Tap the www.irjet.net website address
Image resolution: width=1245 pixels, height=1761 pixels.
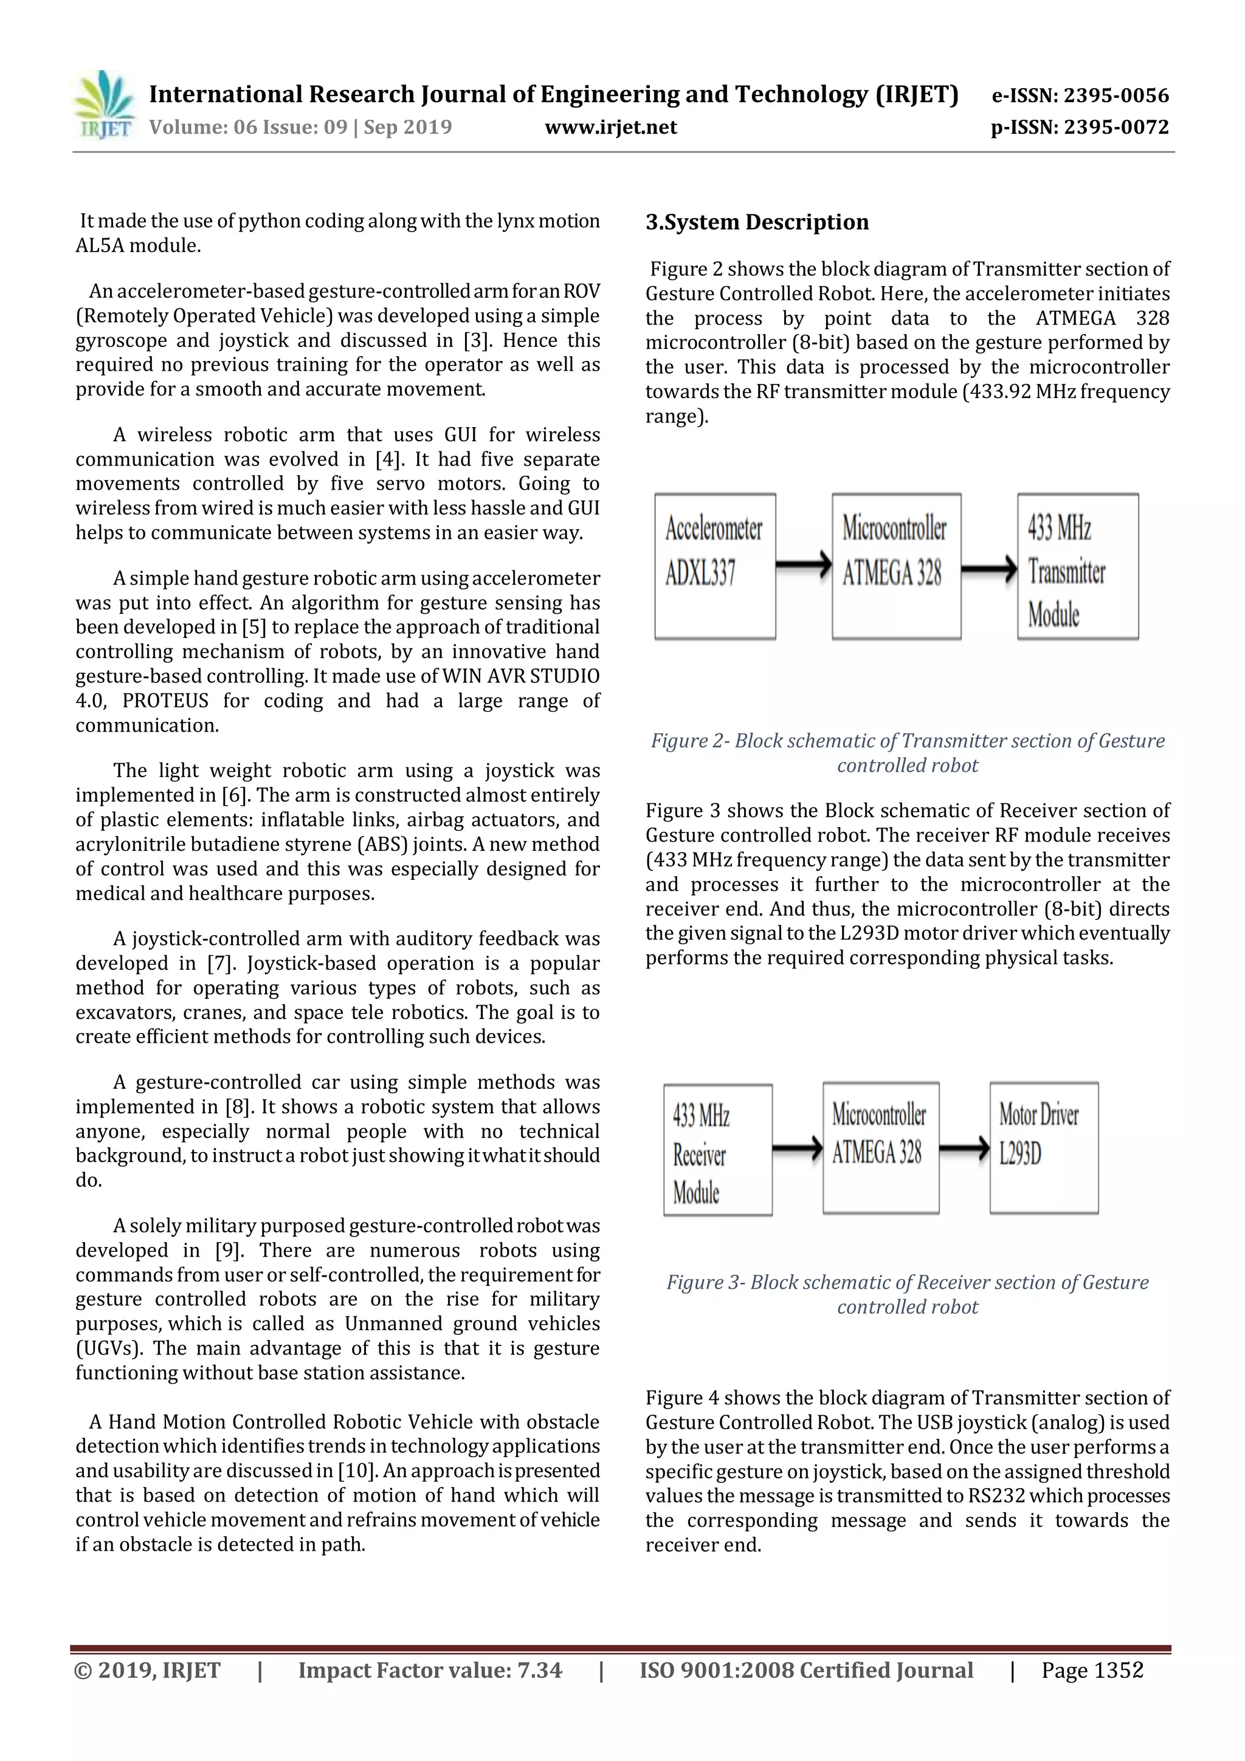tap(610, 128)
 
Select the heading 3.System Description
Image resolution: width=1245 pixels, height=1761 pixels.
tap(757, 222)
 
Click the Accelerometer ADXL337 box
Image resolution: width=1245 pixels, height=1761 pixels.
tap(714, 566)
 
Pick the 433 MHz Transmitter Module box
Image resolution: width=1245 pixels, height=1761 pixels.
tap(1077, 566)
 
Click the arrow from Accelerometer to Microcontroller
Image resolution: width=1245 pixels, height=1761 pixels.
tap(803, 565)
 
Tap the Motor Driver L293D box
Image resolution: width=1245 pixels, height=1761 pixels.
tap(1043, 1147)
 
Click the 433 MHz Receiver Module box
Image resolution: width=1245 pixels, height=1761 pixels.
tap(717, 1149)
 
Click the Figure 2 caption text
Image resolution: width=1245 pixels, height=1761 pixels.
tap(908, 752)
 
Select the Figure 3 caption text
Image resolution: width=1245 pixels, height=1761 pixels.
tap(908, 1294)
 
